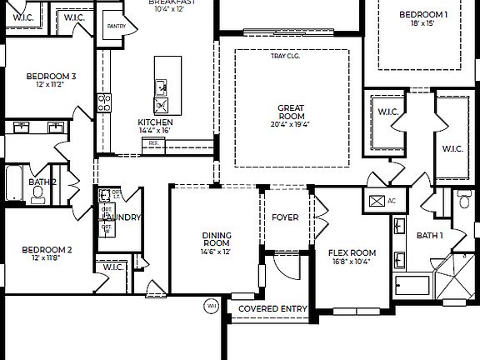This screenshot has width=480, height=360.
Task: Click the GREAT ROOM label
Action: [x=292, y=112]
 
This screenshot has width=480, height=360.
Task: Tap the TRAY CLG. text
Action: [x=285, y=57]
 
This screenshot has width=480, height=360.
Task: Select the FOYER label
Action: [x=285, y=217]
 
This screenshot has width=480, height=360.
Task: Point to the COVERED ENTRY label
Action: [x=272, y=309]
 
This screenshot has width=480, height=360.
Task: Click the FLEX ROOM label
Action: [x=352, y=252]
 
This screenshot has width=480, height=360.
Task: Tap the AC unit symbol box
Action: [x=377, y=201]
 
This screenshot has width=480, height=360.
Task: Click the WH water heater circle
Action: [x=210, y=307]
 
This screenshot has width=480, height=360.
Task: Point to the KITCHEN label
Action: [x=155, y=122]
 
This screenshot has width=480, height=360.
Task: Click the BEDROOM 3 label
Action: [x=51, y=77]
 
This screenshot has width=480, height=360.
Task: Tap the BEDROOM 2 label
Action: [x=47, y=249]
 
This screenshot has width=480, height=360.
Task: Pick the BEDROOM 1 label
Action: [x=422, y=15]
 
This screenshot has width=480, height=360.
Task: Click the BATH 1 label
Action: [x=430, y=236]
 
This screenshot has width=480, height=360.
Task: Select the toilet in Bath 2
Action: [x=38, y=193]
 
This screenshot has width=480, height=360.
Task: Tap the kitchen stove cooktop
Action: [x=105, y=102]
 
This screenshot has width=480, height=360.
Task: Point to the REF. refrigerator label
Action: [x=153, y=143]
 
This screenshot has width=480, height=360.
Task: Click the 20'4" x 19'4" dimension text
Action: [x=292, y=124]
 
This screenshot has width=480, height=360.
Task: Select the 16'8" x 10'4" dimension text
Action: [x=352, y=262]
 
